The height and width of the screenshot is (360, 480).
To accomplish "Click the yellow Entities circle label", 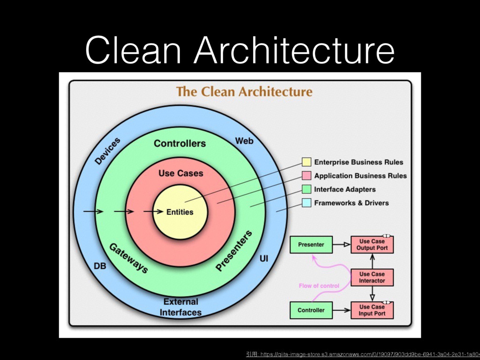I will coord(180,212).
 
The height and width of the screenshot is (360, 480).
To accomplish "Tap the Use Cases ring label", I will coord(180,173).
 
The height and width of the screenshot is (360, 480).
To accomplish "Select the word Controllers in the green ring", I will coord(180,143).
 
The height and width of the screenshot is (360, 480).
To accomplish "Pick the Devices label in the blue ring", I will coord(108,150).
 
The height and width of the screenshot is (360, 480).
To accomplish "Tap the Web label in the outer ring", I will coord(244,141).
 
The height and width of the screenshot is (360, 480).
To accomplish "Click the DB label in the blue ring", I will coord(100,266).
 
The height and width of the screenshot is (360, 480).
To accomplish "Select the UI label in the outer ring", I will coord(264,258).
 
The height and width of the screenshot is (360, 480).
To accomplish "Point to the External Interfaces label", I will coord(181,307).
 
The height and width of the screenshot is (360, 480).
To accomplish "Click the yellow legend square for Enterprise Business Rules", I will coord(307,162).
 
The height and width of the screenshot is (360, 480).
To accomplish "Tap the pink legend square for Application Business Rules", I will coord(307,176).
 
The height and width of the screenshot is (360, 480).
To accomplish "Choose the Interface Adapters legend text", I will coord(345,189).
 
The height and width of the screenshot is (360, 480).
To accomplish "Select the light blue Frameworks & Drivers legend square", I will coord(307,203).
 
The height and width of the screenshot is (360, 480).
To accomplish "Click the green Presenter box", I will coord(311,245).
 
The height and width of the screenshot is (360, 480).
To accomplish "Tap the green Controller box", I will coord(311,310).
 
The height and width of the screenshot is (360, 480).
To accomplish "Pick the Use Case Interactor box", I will coord(372,277).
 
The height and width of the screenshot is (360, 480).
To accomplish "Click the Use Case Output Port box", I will coord(372,245).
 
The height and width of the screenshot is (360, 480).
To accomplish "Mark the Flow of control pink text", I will coord(319,285).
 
